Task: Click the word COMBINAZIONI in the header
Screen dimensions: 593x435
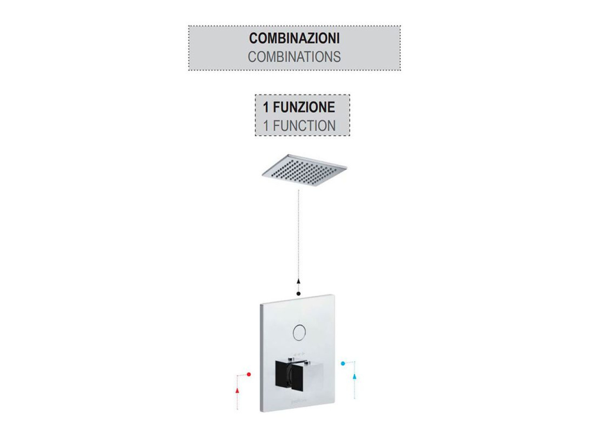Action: pos(294,38)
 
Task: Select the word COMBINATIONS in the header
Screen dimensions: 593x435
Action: pos(294,57)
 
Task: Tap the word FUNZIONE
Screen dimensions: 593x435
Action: pos(304,107)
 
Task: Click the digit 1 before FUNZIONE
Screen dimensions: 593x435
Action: pos(266,107)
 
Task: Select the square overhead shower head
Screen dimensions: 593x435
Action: pos(305,170)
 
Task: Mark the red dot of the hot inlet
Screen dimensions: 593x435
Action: pos(248,375)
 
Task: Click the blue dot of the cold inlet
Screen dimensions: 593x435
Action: pos(343,364)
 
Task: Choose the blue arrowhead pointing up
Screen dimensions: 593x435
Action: pos(355,376)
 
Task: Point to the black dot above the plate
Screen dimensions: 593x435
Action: pos(298,294)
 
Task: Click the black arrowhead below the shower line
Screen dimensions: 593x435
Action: pos(298,281)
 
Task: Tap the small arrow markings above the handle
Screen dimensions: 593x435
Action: pos(299,353)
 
